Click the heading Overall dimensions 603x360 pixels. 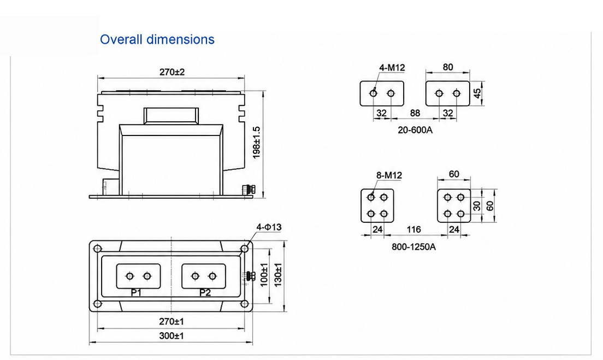click(157, 39)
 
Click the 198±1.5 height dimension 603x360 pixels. click(257, 143)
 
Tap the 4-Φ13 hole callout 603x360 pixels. click(269, 227)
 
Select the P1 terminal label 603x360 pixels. click(136, 293)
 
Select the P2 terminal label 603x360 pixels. click(205, 293)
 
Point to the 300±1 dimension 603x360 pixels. click(172, 336)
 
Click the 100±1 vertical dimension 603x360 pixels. click(264, 274)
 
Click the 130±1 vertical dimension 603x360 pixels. click(278, 274)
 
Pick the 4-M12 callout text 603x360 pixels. click(392, 68)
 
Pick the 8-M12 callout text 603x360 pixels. click(389, 175)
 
